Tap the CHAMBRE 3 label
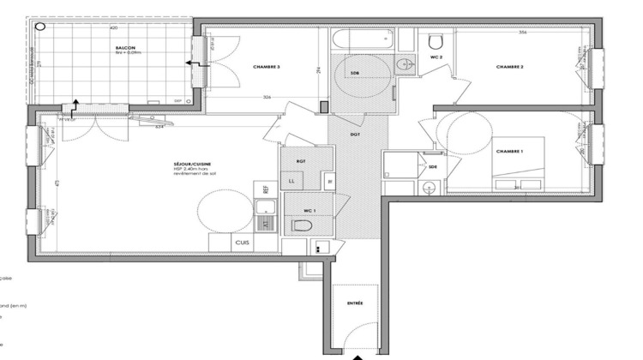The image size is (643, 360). tap(267, 67)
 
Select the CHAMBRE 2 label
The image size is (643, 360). tap(509, 66)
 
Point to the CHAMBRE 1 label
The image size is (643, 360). tap(509, 151)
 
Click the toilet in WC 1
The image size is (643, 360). tap(300, 225)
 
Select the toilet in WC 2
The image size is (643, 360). tap(435, 41)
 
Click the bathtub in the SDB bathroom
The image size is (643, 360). tap(363, 40)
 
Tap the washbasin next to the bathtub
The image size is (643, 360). tap(403, 61)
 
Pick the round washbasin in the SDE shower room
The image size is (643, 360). tap(431, 188)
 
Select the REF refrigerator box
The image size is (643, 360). tap(265, 188)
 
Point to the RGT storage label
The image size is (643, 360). tap(301, 160)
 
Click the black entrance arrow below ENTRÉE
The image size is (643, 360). tap(358, 354)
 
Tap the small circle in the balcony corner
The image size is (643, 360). tap(40, 26)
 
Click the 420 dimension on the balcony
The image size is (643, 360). tap(112, 28)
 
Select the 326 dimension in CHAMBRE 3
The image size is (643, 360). tap(267, 98)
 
